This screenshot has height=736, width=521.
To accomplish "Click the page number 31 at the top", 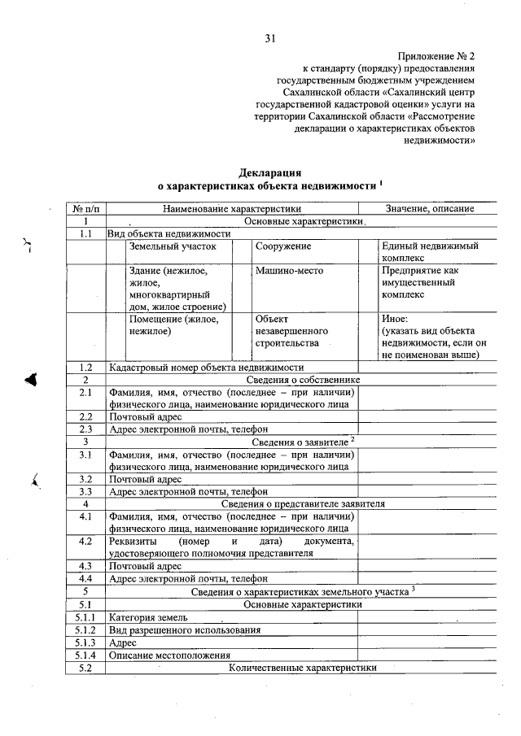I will pos(271,37).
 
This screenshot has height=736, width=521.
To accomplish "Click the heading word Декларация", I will pos(270,172).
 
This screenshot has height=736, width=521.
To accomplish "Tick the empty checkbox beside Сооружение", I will pos(242,251).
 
